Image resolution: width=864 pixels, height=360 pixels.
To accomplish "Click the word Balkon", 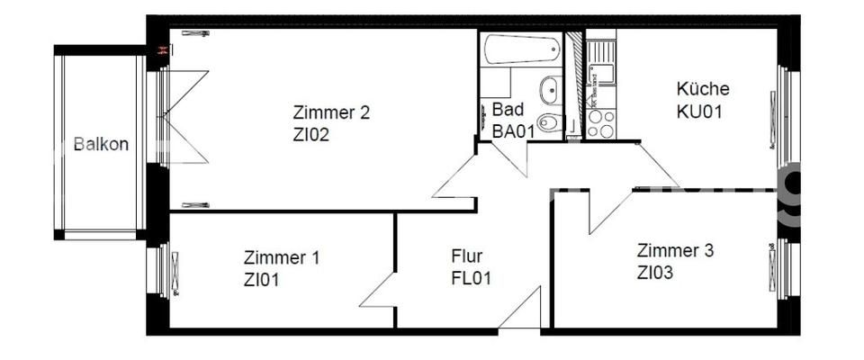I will click(x=101, y=144).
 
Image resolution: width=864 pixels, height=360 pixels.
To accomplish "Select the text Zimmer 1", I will click(x=282, y=257).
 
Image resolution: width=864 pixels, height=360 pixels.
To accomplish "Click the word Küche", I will click(x=702, y=90).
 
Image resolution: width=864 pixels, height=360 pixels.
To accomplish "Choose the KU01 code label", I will click(x=700, y=112).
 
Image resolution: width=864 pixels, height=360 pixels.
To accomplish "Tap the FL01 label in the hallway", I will click(x=471, y=278).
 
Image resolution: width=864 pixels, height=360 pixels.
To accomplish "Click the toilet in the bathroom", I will click(x=548, y=122).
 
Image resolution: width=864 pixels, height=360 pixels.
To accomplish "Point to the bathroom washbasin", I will click(x=548, y=90).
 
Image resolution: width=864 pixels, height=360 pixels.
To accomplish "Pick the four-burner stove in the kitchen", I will click(x=598, y=123).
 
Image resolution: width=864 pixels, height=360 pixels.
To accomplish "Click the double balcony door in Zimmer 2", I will click(x=187, y=117).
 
